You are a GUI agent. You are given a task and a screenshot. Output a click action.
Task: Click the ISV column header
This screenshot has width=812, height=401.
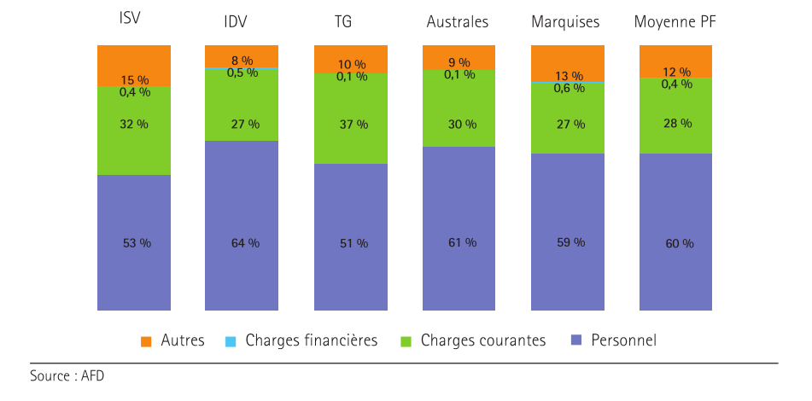tap(131, 18)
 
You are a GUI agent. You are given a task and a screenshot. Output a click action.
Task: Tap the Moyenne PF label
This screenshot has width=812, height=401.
tap(675, 21)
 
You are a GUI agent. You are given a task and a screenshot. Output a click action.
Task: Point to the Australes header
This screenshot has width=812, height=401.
tap(458, 21)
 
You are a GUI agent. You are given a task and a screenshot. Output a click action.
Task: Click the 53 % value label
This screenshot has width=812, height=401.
tap(137, 243)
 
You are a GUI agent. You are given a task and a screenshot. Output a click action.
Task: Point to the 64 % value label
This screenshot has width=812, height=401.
tap(245, 243)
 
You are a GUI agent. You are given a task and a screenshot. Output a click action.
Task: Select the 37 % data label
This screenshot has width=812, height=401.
tap(353, 125)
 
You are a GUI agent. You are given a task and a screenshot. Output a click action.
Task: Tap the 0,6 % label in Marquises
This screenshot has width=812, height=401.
tap(569, 88)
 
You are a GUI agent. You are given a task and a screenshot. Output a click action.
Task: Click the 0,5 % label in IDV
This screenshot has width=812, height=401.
tap(242, 73)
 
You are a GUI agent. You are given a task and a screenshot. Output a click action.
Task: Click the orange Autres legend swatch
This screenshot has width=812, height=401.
tap(146, 342)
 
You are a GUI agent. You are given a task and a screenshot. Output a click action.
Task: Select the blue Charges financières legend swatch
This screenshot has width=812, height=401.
tap(230, 342)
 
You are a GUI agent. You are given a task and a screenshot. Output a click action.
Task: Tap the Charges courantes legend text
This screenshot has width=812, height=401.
tap(483, 340)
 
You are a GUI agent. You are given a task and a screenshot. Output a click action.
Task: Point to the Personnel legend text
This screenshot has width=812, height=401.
tap(623, 340)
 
